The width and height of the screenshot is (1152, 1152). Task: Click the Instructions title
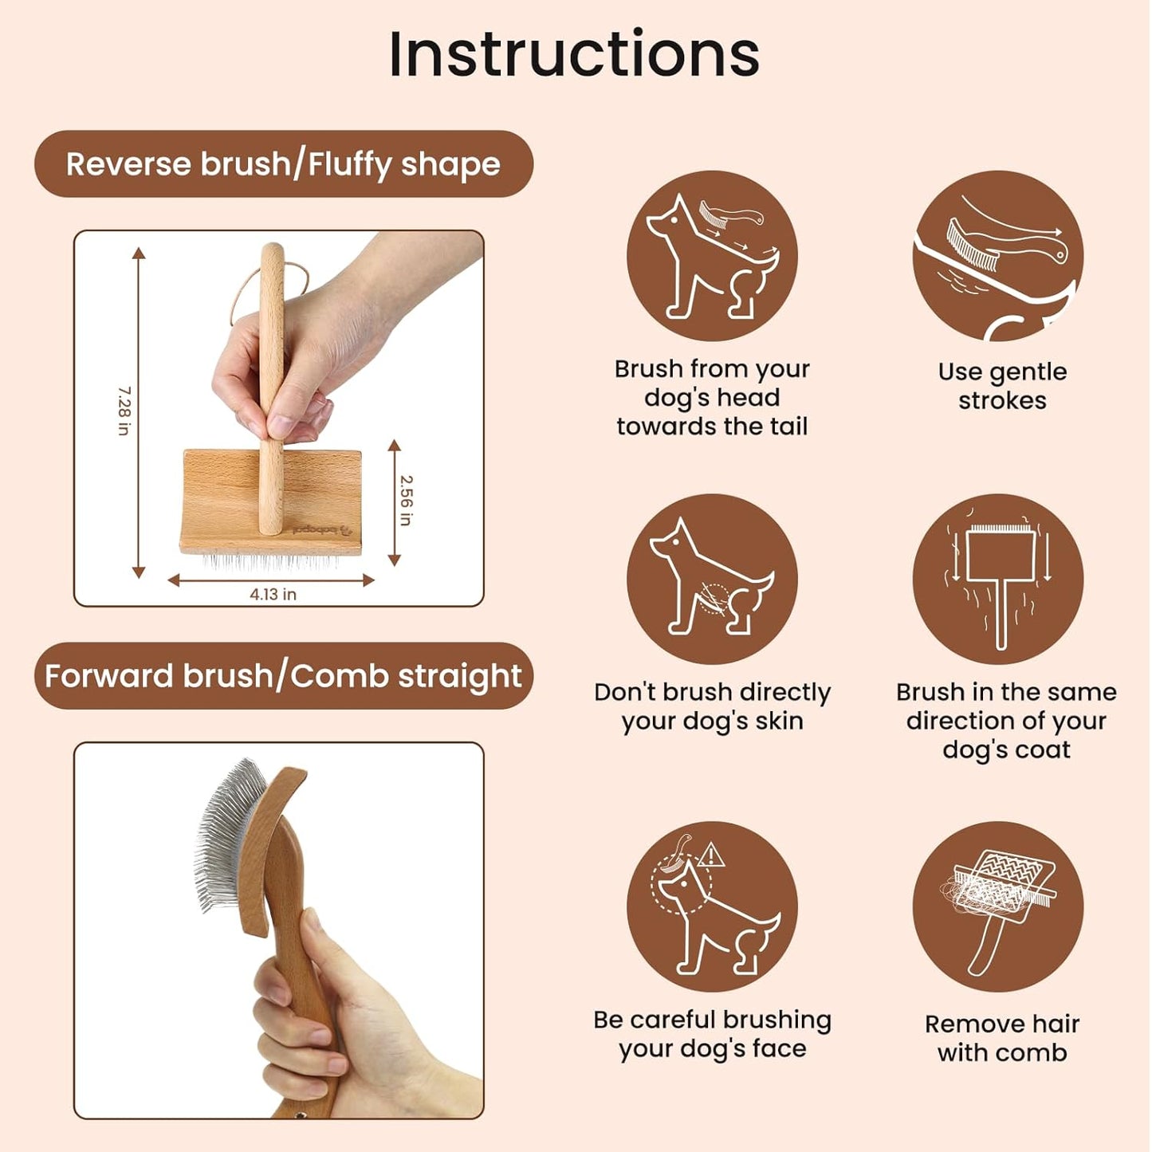pos(574,54)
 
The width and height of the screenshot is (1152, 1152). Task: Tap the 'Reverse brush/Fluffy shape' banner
pos(283,164)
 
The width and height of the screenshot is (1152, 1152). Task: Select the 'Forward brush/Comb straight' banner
pos(283,676)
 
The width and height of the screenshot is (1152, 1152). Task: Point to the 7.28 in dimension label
pos(124,411)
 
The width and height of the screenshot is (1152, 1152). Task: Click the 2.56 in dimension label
pos(406,501)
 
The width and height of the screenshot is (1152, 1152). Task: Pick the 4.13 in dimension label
pos(273,595)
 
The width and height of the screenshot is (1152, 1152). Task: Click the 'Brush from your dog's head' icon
pos(711,256)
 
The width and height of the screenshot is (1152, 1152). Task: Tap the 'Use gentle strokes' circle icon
pos(997,256)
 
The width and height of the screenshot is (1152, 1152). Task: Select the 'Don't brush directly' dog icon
pos(711,579)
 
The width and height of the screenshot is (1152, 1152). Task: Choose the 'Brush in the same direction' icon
pos(997,579)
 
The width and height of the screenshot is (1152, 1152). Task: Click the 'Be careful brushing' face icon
pos(711,907)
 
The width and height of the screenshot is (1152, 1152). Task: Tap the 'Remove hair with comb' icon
pos(997,907)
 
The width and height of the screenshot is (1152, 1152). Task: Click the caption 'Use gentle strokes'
pos(1002,386)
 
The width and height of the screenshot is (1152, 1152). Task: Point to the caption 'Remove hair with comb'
pos(1002,1038)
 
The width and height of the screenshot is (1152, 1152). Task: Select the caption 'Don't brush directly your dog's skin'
pos(712,706)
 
